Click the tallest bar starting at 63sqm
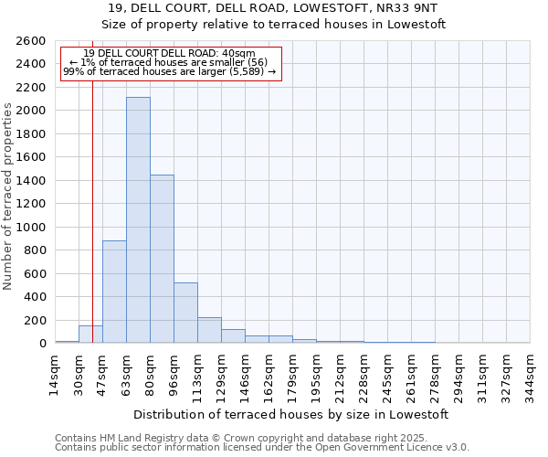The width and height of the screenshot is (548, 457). point(138,219)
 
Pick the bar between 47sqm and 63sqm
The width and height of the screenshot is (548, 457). point(114,292)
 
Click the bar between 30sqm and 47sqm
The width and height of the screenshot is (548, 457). point(90,335)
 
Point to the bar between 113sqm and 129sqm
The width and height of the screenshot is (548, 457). point(209,330)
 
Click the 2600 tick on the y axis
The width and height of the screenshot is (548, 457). point(32,41)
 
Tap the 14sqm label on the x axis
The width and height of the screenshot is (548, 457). point(55,374)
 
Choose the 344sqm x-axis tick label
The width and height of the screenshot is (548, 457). point(530,374)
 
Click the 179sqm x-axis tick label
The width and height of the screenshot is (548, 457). point(292,374)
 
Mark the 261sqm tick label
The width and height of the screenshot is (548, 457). point(411,374)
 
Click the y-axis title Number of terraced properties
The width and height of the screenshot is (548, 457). point(9,197)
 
